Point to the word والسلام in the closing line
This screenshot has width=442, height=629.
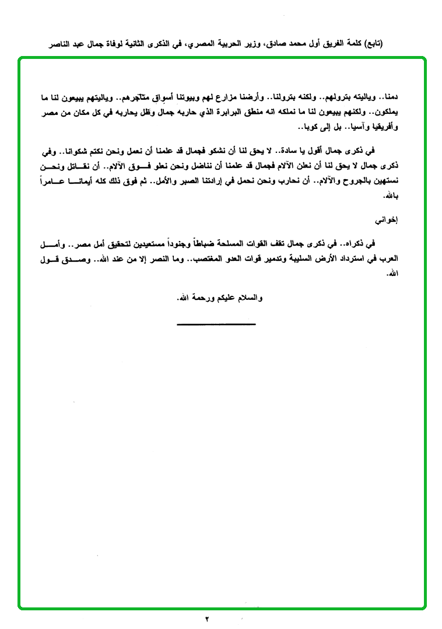(x=250, y=298)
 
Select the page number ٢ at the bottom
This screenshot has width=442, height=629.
(x=207, y=618)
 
